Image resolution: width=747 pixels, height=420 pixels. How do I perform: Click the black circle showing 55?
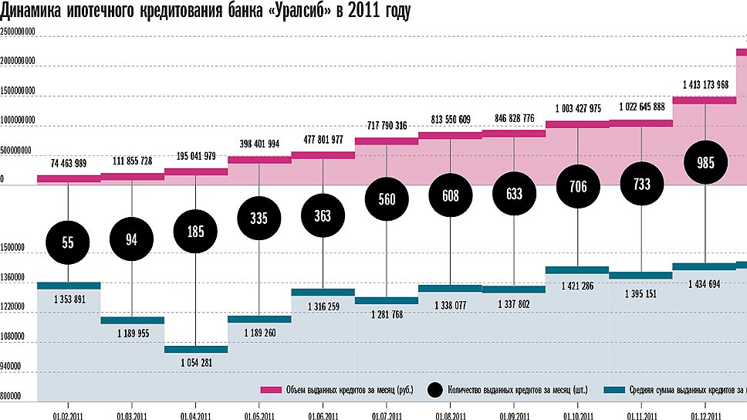(68, 242)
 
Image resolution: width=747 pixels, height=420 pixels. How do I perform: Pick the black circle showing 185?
(195, 231)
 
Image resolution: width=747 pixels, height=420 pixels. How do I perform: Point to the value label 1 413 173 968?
(705, 84)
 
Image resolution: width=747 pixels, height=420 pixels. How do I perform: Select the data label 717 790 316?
(386, 125)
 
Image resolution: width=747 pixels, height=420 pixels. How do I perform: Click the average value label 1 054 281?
(195, 364)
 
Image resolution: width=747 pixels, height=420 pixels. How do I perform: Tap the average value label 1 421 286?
(577, 286)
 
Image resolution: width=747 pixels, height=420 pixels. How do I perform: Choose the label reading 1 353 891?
(68, 299)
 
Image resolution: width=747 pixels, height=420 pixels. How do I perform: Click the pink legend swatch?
(269, 390)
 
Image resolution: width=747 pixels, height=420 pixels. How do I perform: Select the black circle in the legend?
(434, 390)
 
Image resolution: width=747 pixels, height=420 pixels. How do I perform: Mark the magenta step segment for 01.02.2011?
(68, 178)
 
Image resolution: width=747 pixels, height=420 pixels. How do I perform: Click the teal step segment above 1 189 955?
(132, 320)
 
